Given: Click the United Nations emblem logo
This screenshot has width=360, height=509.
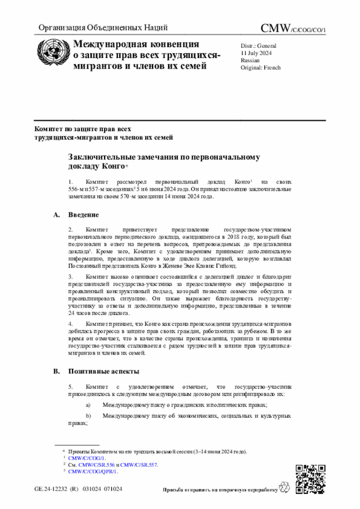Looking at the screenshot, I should click(52, 55).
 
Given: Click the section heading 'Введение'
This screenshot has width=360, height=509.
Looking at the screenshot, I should click(84, 215).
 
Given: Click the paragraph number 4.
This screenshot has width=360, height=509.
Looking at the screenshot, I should click(70, 325).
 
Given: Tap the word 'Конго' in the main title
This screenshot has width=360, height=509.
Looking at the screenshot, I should click(113, 167).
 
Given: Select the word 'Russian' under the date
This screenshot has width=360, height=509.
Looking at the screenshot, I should click(250, 60).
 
